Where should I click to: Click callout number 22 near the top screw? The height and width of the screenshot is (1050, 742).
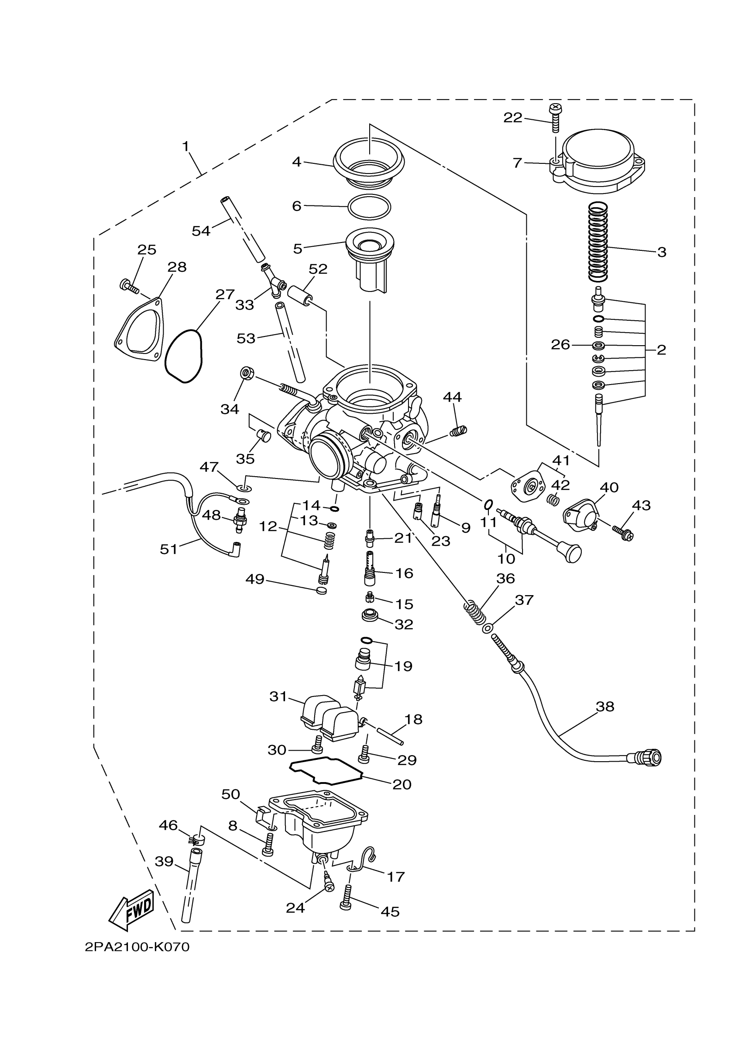(513, 118)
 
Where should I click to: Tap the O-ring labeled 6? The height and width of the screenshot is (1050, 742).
(369, 207)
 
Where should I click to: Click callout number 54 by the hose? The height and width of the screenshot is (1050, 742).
(201, 231)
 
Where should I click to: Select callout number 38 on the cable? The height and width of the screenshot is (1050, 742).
(605, 707)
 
